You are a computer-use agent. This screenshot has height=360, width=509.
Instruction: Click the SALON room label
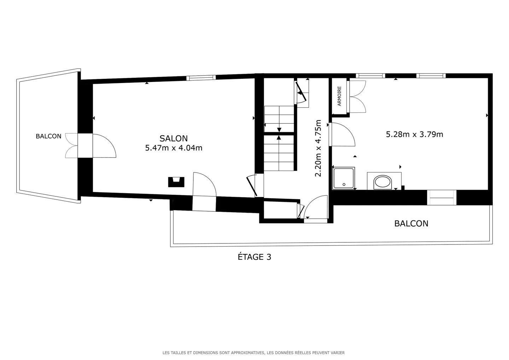tap(173, 138)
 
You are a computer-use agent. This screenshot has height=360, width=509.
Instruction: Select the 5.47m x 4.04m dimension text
tap(174, 148)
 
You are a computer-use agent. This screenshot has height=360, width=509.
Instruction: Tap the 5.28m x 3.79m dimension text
tap(414, 134)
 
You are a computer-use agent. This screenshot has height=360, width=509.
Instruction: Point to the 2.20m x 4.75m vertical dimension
tap(318, 148)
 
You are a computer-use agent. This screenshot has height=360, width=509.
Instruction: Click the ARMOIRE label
tap(339, 96)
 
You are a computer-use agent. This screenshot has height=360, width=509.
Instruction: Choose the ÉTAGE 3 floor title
tap(254, 257)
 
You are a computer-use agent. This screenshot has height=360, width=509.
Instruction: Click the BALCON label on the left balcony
tap(48, 136)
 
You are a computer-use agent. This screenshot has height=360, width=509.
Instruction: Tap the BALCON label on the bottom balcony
tap(411, 223)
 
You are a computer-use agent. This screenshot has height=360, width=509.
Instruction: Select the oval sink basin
tap(382, 182)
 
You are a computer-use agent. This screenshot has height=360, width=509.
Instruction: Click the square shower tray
tap(344, 178)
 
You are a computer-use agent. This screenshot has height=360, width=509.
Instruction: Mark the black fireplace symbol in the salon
tap(176, 182)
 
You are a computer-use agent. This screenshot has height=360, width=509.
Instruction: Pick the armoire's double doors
tap(357, 96)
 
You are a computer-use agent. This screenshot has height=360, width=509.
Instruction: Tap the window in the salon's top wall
tap(201, 78)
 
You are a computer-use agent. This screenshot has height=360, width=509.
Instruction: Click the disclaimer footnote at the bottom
tap(253, 353)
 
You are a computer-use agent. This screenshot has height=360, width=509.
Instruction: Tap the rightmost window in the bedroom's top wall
tap(431, 76)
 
